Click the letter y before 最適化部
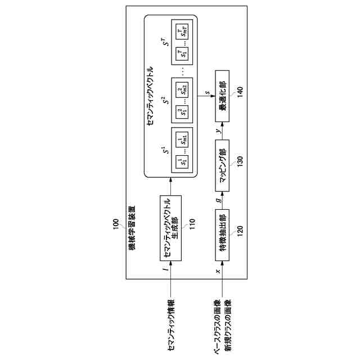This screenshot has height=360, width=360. pos(217,131)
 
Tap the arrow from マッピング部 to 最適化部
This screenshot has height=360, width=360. pos(223,130)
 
